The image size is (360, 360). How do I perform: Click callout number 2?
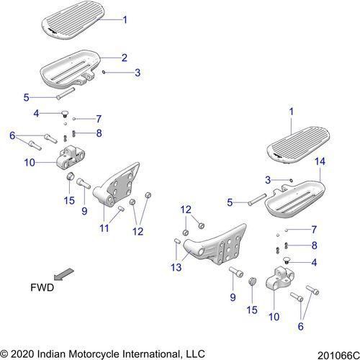coord(124,57)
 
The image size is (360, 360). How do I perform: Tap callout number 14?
coord(320,164)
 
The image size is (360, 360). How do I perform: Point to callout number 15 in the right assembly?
coord(251,309)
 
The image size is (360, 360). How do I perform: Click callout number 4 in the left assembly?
coord(36,113)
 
